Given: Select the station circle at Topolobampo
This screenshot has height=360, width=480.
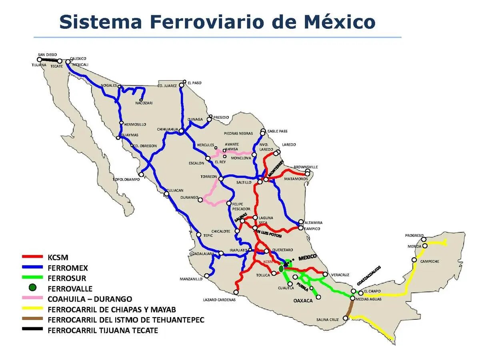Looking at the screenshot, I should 141,174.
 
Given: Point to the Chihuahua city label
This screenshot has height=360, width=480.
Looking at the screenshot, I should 168,129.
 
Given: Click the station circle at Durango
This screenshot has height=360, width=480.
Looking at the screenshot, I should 200,200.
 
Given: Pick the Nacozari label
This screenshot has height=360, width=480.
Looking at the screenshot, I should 144,103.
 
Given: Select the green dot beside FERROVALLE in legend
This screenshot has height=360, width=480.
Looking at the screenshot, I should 33,288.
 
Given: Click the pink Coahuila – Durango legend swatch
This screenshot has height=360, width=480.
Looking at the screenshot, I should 32,299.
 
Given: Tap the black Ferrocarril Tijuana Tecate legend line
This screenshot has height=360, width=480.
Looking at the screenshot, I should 32,330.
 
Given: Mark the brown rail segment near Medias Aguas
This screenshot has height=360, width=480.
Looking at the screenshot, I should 350,308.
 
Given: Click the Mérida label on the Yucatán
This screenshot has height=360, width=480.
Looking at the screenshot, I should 414,246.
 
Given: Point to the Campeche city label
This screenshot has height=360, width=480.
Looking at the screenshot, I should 430,262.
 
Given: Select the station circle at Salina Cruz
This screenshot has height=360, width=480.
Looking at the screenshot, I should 346,318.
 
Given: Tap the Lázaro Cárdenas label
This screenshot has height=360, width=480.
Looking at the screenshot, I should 219,300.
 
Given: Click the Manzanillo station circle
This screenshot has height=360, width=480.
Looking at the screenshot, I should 207,276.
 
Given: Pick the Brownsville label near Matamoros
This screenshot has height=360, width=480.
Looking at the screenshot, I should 306,167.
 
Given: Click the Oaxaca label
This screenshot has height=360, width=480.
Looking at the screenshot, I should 303,300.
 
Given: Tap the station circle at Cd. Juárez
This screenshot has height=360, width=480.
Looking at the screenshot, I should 182,85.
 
